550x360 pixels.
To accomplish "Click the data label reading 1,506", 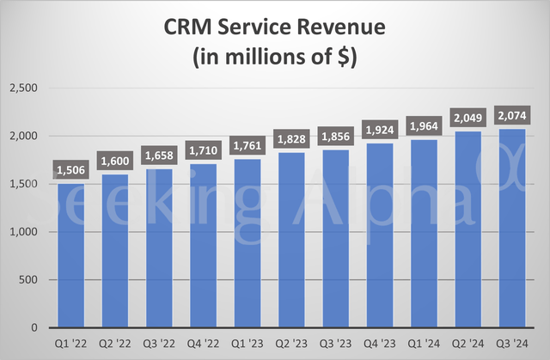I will click(72, 170).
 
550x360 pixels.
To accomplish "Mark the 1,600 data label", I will click(117, 162).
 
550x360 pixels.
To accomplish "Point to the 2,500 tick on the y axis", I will click(24, 88).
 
